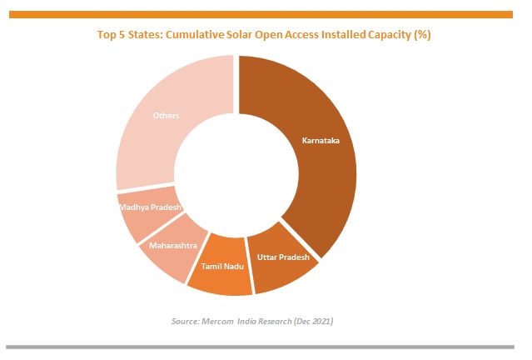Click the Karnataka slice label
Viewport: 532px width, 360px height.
coord(321,141)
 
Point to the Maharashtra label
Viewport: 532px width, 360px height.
coord(172,246)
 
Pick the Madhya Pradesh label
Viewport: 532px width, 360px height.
coord(150,207)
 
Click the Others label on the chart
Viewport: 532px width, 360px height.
coord(166,115)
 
